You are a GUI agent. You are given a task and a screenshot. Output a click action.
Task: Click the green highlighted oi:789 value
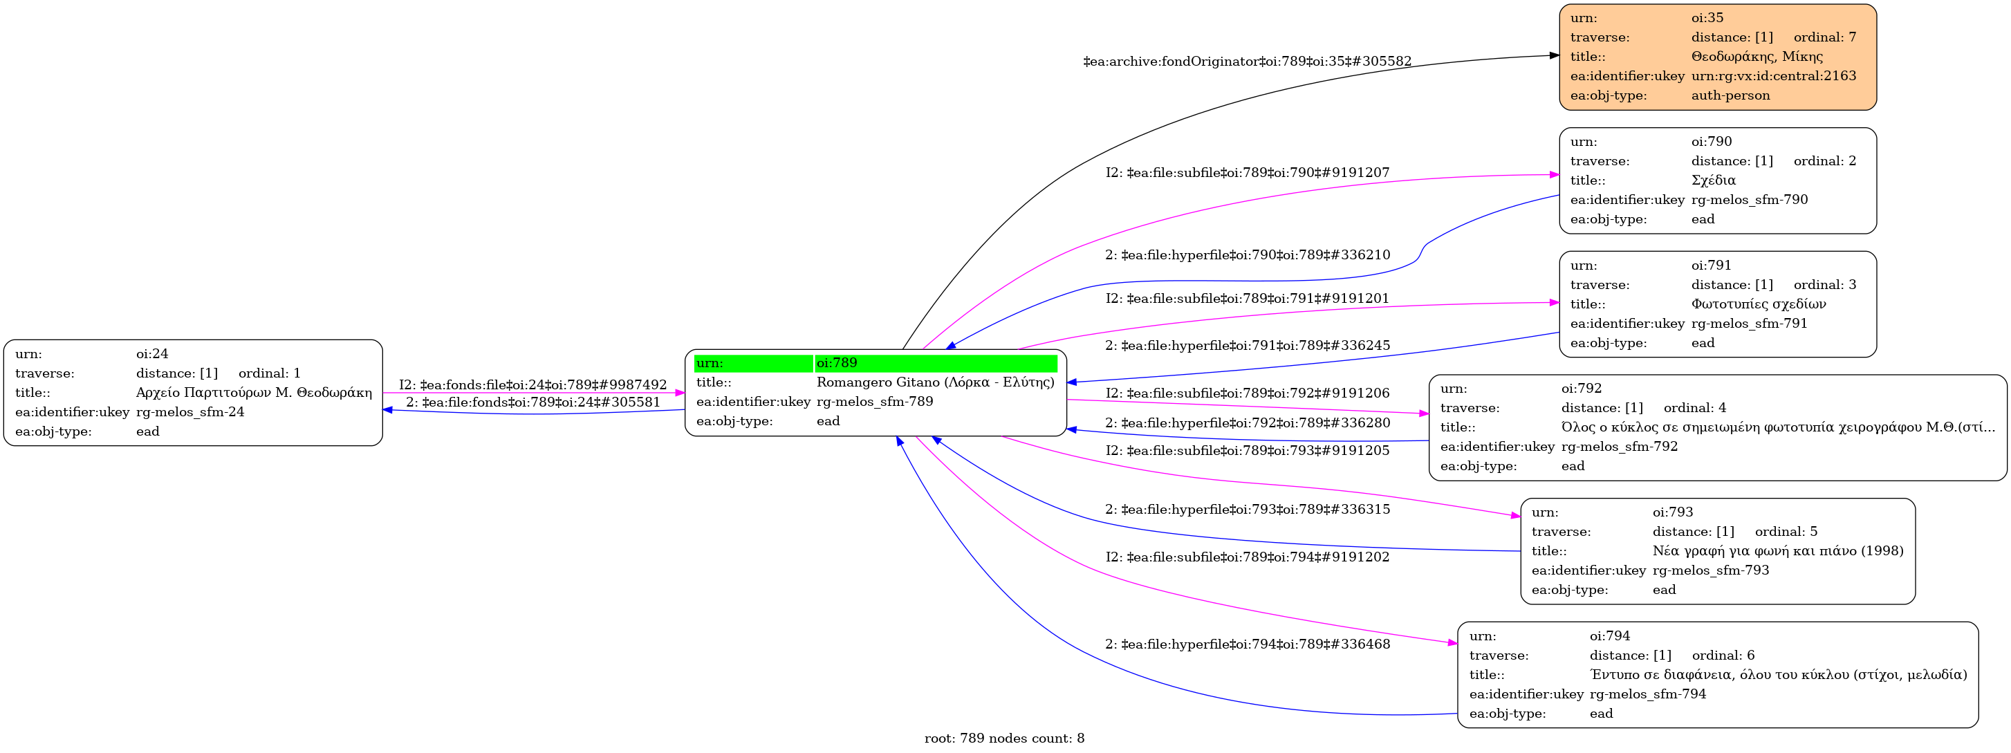(x=837, y=363)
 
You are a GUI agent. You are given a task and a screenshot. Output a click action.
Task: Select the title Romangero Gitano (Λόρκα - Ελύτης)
(x=934, y=382)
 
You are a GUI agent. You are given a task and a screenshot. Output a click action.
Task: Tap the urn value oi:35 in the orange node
(x=1707, y=18)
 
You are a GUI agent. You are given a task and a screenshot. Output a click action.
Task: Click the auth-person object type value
(x=1730, y=95)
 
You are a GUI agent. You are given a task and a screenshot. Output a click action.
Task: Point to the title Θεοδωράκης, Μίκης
(x=1757, y=56)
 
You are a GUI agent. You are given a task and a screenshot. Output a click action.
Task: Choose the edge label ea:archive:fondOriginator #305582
(x=1247, y=62)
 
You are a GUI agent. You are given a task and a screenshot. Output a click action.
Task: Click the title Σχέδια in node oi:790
(x=1713, y=180)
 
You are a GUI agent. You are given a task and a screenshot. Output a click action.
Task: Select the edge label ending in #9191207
(x=1247, y=172)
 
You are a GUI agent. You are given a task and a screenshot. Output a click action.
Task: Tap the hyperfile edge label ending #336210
(x=1247, y=255)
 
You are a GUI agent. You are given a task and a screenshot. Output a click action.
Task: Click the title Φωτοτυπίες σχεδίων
(x=1758, y=304)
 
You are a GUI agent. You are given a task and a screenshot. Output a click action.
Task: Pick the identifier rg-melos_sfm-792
(x=1619, y=447)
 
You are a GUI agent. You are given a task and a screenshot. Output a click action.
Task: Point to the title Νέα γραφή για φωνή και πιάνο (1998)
(x=1777, y=551)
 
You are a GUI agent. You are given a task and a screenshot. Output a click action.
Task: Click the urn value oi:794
(x=1610, y=636)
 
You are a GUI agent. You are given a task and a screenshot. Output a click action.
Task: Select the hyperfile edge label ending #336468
(x=1247, y=644)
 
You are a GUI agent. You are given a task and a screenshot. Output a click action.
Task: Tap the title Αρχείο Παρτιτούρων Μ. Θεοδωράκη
(x=254, y=393)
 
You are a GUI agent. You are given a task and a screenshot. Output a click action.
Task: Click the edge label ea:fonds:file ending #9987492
(x=532, y=384)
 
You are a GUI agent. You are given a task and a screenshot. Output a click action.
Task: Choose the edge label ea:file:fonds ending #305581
(x=532, y=402)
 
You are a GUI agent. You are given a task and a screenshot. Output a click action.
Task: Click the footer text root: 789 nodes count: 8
(x=1004, y=738)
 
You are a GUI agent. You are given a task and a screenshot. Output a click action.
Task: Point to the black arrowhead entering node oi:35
(x=1553, y=55)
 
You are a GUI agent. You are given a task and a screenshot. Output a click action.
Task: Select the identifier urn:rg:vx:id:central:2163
(x=1774, y=75)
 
